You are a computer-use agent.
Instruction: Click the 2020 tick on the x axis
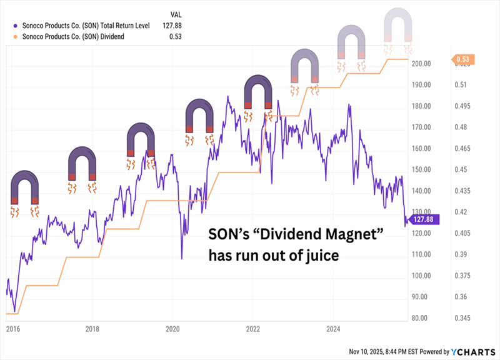tap(172, 327)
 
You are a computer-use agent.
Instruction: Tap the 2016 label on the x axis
tap(12, 327)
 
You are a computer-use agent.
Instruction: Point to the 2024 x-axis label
tap(333, 327)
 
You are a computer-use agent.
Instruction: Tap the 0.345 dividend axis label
tap(463, 318)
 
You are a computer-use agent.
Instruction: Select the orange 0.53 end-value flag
tap(463, 59)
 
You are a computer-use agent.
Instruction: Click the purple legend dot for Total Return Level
tap(14, 26)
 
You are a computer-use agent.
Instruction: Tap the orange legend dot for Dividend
tap(14, 37)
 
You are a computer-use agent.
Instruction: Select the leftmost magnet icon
tap(25, 187)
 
